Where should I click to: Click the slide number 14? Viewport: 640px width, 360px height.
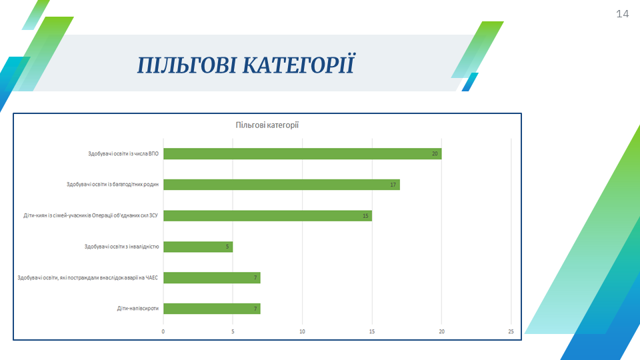click(x=622, y=14)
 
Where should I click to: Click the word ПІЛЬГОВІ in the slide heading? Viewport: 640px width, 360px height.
click(x=187, y=65)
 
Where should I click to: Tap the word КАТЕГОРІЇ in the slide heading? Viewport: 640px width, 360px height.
click(x=299, y=65)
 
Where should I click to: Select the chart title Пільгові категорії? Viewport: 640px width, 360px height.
click(x=267, y=125)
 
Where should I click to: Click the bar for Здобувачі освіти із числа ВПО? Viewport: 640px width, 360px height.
click(x=303, y=153)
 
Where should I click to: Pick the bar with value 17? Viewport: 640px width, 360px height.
click(x=281, y=185)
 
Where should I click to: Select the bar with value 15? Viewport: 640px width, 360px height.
click(x=268, y=215)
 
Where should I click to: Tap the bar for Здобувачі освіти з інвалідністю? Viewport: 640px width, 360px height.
click(x=199, y=247)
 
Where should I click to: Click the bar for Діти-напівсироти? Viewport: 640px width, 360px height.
click(x=212, y=309)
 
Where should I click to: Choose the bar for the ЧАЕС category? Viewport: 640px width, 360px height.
click(x=212, y=277)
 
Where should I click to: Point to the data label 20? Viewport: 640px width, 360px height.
click(x=435, y=153)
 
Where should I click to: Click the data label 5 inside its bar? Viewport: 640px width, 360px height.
click(x=227, y=247)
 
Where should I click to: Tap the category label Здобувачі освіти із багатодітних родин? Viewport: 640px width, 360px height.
click(x=113, y=185)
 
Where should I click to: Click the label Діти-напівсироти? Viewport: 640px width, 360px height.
click(x=138, y=309)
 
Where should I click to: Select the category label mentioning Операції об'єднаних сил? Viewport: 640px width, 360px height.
click(x=91, y=215)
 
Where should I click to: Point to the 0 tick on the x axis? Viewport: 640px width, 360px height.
click(x=163, y=331)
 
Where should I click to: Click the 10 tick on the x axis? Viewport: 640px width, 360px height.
click(x=303, y=331)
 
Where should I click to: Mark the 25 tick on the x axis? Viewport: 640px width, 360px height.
click(x=511, y=331)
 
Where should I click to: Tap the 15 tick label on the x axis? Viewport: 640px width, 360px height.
click(x=372, y=331)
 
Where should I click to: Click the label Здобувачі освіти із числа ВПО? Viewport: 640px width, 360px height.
click(x=123, y=153)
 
